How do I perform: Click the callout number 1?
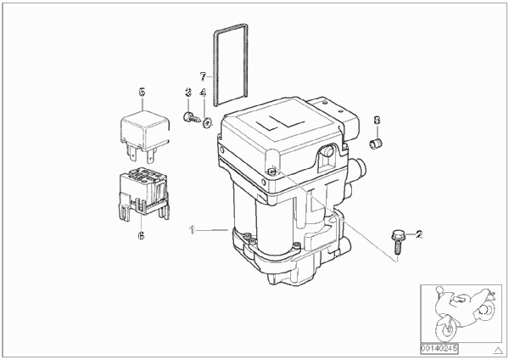pos(193,230)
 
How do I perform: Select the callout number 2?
pos(419,234)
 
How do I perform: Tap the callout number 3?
pos(188,93)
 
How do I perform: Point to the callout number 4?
pos(203,93)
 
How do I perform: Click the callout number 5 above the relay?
pos(142,93)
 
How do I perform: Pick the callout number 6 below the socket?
pos(141,235)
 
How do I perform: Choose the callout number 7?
pos(203,76)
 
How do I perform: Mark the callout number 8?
pos(377,121)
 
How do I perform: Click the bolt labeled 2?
pos(397,242)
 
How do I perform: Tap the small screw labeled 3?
pos(191,117)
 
